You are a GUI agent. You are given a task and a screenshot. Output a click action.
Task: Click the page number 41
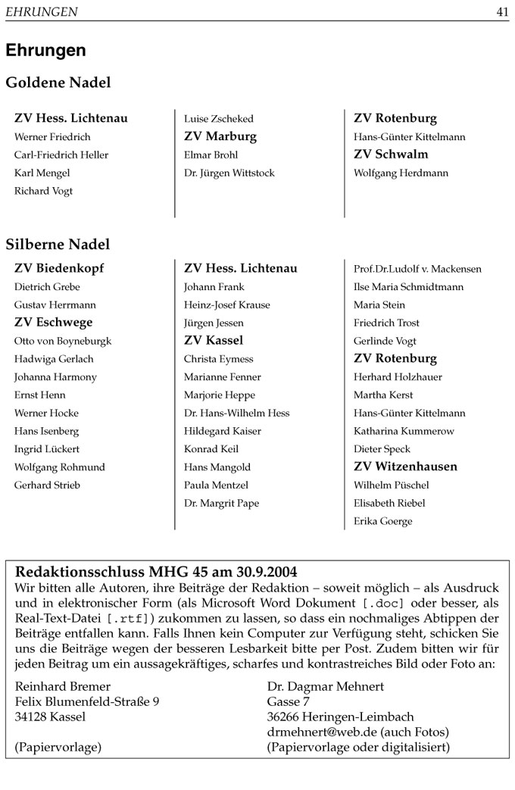tap(502, 11)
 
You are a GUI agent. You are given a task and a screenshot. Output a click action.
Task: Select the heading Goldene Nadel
tap(58, 83)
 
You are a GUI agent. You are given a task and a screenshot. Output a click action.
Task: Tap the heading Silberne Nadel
tap(58, 244)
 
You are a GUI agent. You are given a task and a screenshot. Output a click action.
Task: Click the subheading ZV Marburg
tap(220, 136)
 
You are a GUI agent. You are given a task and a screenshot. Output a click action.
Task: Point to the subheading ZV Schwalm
tap(391, 155)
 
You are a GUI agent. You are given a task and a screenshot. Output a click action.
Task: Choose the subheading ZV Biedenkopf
tap(59, 268)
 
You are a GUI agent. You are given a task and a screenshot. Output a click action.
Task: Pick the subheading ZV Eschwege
tap(53, 323)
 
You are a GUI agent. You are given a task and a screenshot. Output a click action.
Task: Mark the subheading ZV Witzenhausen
tap(405, 467)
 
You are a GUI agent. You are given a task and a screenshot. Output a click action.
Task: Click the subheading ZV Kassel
tap(214, 341)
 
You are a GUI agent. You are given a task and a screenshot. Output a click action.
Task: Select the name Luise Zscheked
tap(219, 119)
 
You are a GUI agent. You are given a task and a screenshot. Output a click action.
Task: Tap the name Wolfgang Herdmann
tap(401, 173)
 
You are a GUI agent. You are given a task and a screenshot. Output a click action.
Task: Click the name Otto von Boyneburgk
tap(63, 341)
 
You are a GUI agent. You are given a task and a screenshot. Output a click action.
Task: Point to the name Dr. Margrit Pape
tap(221, 504)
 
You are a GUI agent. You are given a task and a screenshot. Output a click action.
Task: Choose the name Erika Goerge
tap(383, 522)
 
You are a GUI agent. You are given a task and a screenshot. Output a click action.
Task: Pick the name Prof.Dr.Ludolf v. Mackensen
tap(417, 269)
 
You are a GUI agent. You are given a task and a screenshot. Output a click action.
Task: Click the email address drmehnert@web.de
tap(322, 732)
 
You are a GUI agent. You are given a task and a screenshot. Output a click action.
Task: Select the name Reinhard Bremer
tap(62, 686)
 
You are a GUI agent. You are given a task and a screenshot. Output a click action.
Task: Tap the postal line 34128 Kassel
tap(51, 717)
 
